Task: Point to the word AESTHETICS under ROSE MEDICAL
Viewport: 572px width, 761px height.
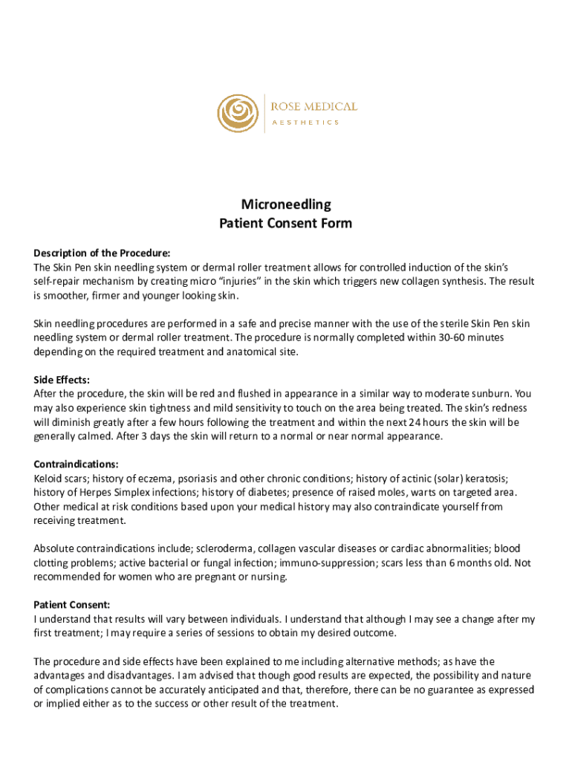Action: tap(305, 123)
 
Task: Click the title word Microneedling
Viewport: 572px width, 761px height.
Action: tap(286, 204)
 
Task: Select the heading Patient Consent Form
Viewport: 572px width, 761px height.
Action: tap(286, 223)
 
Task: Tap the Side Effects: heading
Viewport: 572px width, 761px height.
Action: tap(62, 380)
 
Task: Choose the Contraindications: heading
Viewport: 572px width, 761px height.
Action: tap(77, 464)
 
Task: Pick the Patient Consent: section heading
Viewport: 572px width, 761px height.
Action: tap(72, 605)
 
